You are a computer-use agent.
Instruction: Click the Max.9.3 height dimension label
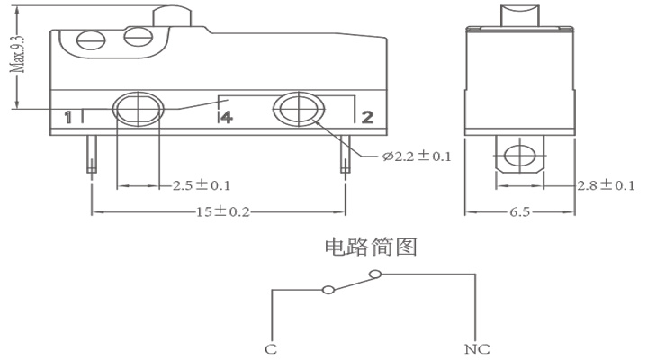click(x=18, y=53)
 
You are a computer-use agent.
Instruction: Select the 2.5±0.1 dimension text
click(x=202, y=185)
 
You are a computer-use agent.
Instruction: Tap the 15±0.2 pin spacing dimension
click(x=223, y=212)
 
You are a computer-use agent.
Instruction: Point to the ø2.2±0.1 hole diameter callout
click(x=417, y=157)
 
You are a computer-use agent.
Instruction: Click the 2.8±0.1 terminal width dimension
click(x=606, y=185)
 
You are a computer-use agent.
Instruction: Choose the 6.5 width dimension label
click(x=519, y=212)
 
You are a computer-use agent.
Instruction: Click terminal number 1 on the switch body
click(x=68, y=117)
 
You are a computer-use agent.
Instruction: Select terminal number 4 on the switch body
click(x=227, y=117)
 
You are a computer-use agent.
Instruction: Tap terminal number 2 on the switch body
click(x=367, y=117)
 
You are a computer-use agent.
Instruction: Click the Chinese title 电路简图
click(x=371, y=247)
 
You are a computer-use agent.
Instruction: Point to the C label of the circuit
click(x=271, y=349)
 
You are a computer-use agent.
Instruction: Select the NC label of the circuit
click(x=477, y=349)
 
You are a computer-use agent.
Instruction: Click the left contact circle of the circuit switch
click(x=328, y=289)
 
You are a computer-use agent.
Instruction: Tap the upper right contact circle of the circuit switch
click(x=374, y=274)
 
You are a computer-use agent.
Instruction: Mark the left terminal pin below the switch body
click(x=92, y=154)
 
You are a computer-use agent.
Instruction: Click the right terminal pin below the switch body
click(x=345, y=154)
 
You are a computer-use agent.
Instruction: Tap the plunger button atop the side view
click(x=520, y=16)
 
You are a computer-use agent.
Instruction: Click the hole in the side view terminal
click(x=520, y=156)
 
